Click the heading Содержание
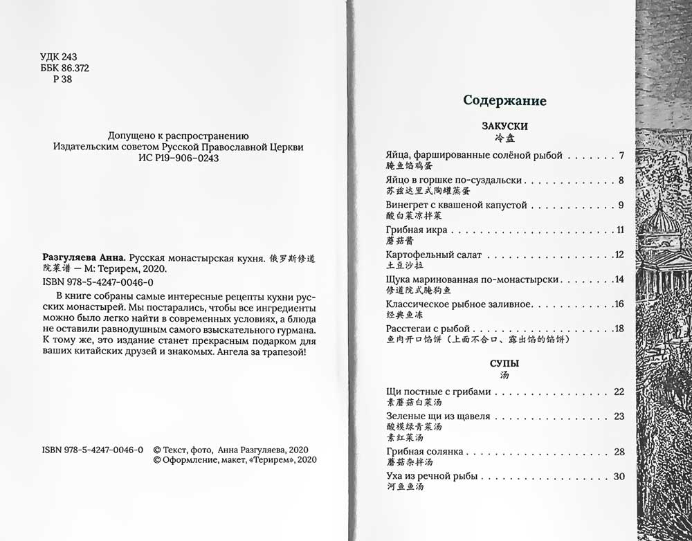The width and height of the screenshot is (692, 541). point(504,101)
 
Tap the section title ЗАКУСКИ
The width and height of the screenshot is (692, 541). point(504,127)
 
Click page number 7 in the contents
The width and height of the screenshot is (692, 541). point(621,156)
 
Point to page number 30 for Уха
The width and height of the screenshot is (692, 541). point(619,476)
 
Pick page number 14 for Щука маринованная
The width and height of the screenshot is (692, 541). point(619,279)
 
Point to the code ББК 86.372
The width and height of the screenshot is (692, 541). point(66,68)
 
